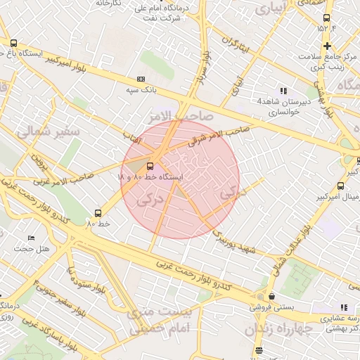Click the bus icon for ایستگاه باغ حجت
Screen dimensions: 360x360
[x=14, y=43]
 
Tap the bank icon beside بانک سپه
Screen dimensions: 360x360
[x=141, y=79]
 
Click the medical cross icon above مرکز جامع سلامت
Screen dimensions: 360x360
[x=326, y=46]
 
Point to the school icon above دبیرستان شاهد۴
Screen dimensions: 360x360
[x=283, y=91]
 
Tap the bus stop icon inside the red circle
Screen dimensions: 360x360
[x=150, y=167]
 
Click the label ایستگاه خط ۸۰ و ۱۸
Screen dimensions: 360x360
[x=150, y=178]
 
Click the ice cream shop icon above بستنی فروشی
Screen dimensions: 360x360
[x=271, y=297]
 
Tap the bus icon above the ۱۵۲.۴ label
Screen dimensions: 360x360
[x=326, y=18]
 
